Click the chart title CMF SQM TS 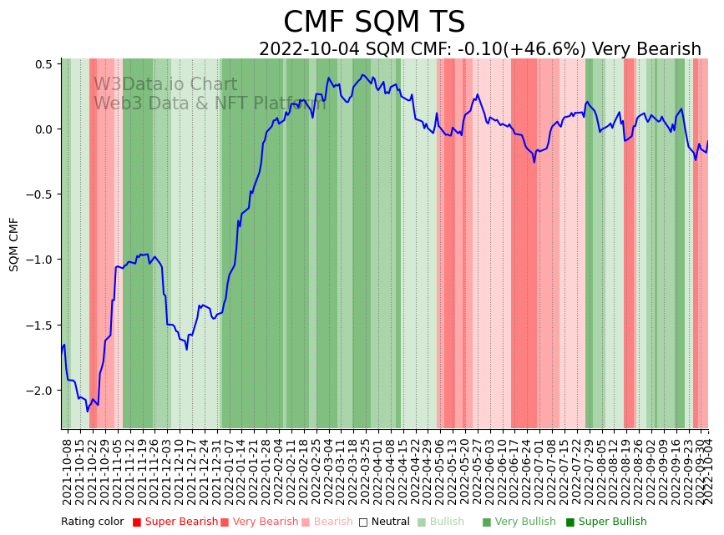[x=374, y=23]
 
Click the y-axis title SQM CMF [x=14, y=244]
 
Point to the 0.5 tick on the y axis [x=43, y=64]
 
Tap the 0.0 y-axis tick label [x=43, y=129]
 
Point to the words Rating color [x=92, y=522]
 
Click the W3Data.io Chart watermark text [x=165, y=85]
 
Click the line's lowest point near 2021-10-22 [x=87, y=411]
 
